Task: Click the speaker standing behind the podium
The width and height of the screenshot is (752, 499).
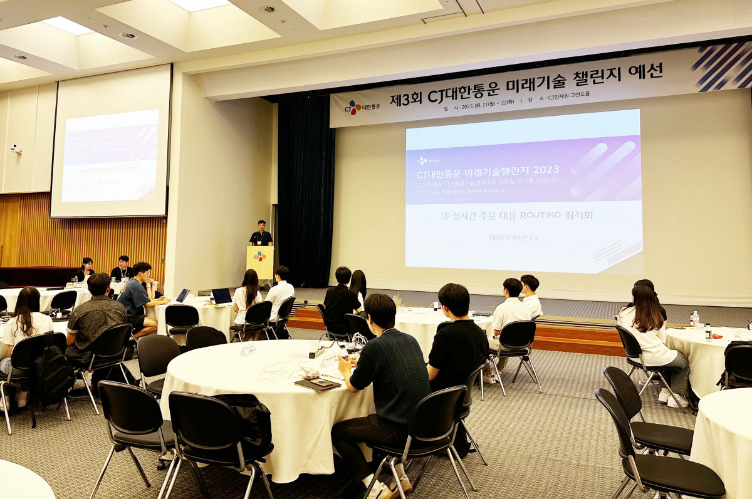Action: tap(261, 234)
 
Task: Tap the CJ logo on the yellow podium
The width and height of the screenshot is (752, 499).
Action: tap(259, 256)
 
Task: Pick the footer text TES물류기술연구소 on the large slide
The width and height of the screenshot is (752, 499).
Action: tap(513, 238)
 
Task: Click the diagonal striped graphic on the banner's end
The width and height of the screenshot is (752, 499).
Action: tap(722, 66)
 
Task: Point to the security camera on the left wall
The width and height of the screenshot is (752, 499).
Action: tap(15, 149)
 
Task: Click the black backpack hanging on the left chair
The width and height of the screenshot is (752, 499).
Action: tap(53, 376)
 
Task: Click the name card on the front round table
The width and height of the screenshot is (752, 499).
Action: tap(249, 349)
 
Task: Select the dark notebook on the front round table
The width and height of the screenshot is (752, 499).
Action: tap(317, 384)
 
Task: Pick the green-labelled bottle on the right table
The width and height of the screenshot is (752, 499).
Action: tap(695, 319)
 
